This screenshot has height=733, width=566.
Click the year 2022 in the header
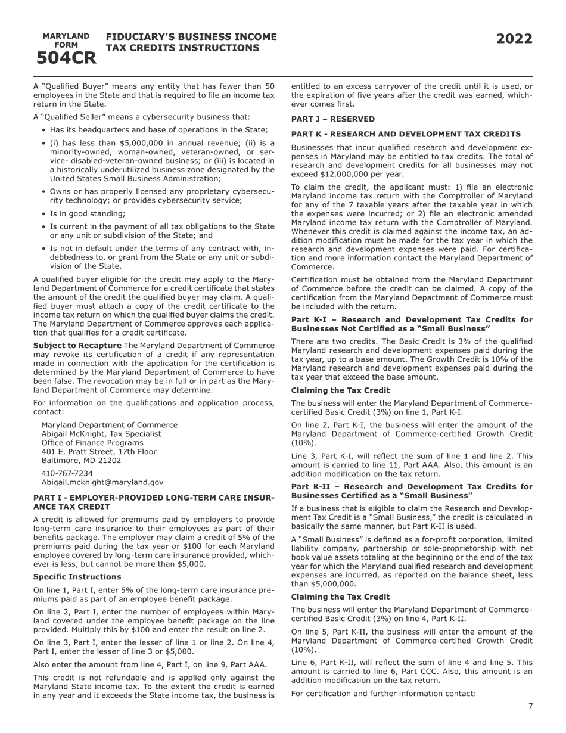click(514, 39)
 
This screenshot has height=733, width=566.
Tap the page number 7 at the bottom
click(530, 706)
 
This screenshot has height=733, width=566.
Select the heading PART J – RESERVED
click(332, 119)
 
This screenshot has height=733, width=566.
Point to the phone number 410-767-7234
click(67, 473)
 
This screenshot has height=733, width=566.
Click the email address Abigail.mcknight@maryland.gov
click(102, 482)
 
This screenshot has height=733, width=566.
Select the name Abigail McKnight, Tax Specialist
click(101, 434)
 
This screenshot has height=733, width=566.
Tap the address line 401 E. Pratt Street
click(99, 452)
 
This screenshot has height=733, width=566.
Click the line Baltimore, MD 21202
click(81, 461)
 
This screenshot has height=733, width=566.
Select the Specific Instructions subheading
click(77, 577)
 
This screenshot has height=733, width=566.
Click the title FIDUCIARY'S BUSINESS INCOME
click(191, 37)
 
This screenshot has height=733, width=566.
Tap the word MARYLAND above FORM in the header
click(66, 36)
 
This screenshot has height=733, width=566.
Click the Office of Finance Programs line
click(92, 443)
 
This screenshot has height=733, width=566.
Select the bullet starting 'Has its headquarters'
click(158, 130)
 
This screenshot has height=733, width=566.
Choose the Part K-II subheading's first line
click(412, 487)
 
